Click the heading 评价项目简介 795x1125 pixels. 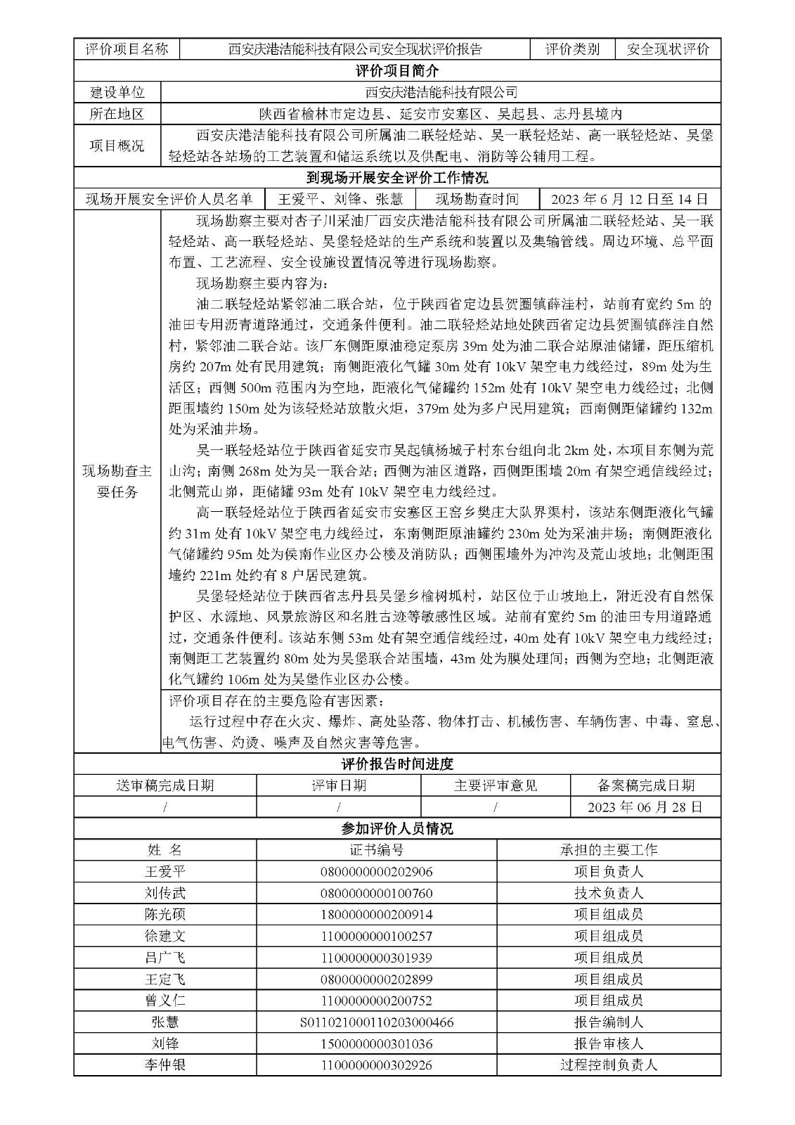(397, 71)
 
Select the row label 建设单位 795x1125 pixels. (117, 92)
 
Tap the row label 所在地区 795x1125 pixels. (117, 114)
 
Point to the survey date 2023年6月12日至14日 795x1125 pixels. (629, 200)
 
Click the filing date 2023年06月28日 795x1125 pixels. (645, 807)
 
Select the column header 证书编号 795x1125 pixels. (376, 850)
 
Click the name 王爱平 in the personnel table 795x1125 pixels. (164, 872)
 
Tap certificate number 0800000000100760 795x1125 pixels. (376, 894)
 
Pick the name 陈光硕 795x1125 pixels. (164, 915)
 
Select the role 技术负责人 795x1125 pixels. (608, 894)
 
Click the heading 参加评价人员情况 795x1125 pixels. (397, 829)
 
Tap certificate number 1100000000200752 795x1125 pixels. (376, 1001)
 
